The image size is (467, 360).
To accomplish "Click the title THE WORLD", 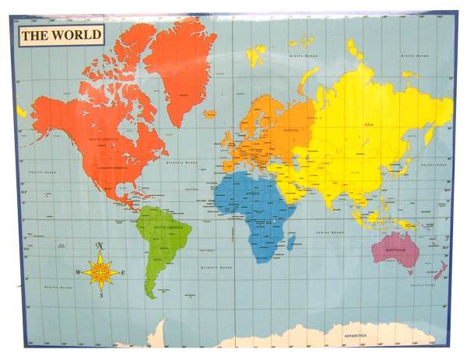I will coord(61,34).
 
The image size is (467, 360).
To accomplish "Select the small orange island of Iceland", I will coord(209,114).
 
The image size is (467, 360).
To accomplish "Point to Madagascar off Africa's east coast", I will coord(291,243).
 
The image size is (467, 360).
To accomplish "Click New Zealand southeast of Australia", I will coord(440,271).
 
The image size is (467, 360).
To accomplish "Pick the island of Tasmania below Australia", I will coord(410,274).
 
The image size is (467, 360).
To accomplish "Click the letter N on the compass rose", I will coord(100,246).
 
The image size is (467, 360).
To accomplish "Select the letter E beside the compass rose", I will coord(123,273).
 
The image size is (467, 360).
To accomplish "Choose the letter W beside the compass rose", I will coord(78,273).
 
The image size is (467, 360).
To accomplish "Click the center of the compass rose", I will coord(100,272).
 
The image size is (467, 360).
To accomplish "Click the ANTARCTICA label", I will coord(359,336).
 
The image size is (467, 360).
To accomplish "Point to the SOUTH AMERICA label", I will coord(166,227).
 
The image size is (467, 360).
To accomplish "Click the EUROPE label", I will coord(290,131).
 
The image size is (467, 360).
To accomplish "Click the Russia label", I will coord(314,117).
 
